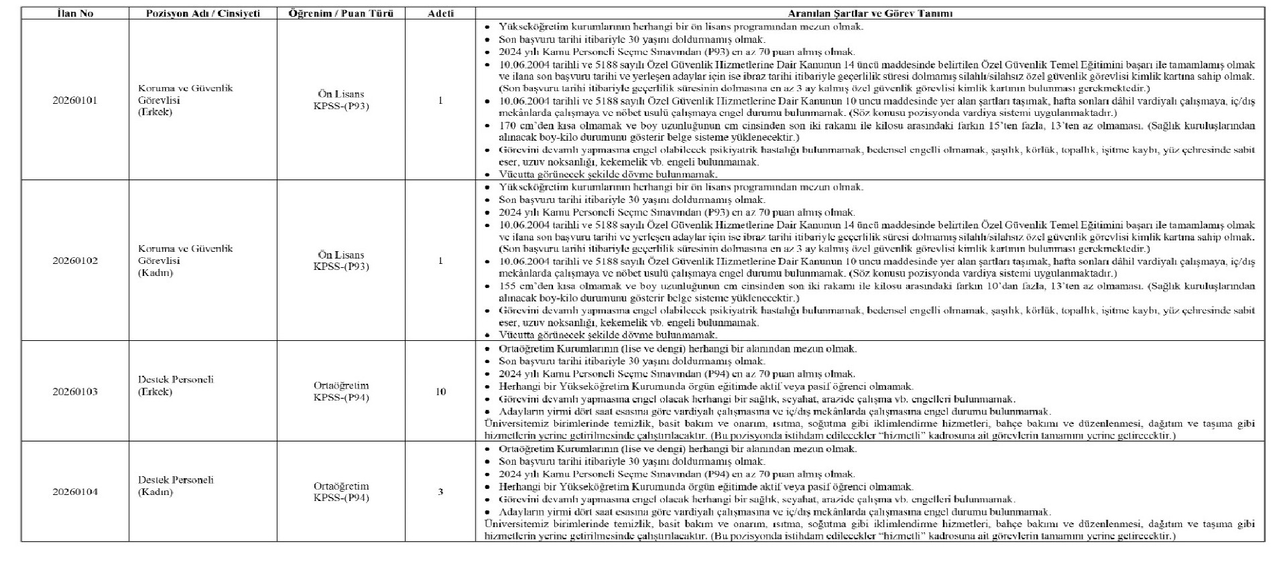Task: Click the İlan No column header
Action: [75, 13]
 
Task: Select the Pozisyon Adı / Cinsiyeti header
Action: [202, 13]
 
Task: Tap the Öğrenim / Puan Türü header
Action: [341, 13]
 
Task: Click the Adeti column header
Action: [440, 13]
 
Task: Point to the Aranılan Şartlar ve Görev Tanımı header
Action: [870, 13]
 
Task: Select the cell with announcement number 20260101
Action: [75, 100]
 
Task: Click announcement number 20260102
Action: [75, 261]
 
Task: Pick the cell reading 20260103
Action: [75, 392]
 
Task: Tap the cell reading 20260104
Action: [75, 492]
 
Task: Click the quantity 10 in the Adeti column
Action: [440, 392]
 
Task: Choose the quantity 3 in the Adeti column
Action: [440, 492]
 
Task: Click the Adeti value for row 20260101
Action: [440, 100]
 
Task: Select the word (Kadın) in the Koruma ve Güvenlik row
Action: [156, 273]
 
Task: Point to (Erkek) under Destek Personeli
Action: [155, 392]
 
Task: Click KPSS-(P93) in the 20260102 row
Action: [341, 267]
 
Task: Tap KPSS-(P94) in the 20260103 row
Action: [341, 398]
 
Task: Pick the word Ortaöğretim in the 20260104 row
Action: [341, 486]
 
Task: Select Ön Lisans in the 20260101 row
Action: [341, 94]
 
